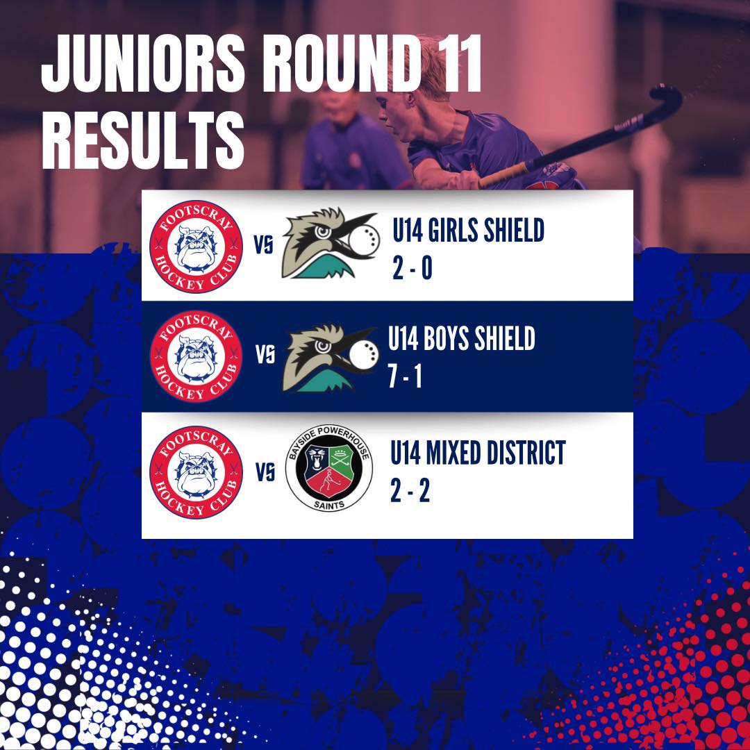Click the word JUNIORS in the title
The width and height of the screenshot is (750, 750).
(143, 65)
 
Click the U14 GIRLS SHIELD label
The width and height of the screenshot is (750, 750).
(468, 230)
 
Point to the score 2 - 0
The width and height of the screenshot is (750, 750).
(412, 267)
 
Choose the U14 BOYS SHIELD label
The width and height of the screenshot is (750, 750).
(462, 338)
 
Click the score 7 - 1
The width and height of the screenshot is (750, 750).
(405, 376)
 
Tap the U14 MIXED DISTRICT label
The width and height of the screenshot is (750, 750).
(478, 453)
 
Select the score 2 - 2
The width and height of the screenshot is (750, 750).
(410, 490)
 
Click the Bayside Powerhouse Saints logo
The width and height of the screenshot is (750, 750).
(329, 468)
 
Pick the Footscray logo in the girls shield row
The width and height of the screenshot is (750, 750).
(196, 247)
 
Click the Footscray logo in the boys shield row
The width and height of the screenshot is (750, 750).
(196, 356)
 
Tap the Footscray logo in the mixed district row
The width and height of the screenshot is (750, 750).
(196, 472)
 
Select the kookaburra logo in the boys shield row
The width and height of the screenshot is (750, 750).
(331, 358)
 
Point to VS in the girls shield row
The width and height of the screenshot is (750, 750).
(264, 245)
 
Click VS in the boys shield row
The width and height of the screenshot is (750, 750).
(265, 356)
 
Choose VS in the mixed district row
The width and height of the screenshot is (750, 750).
(265, 473)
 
